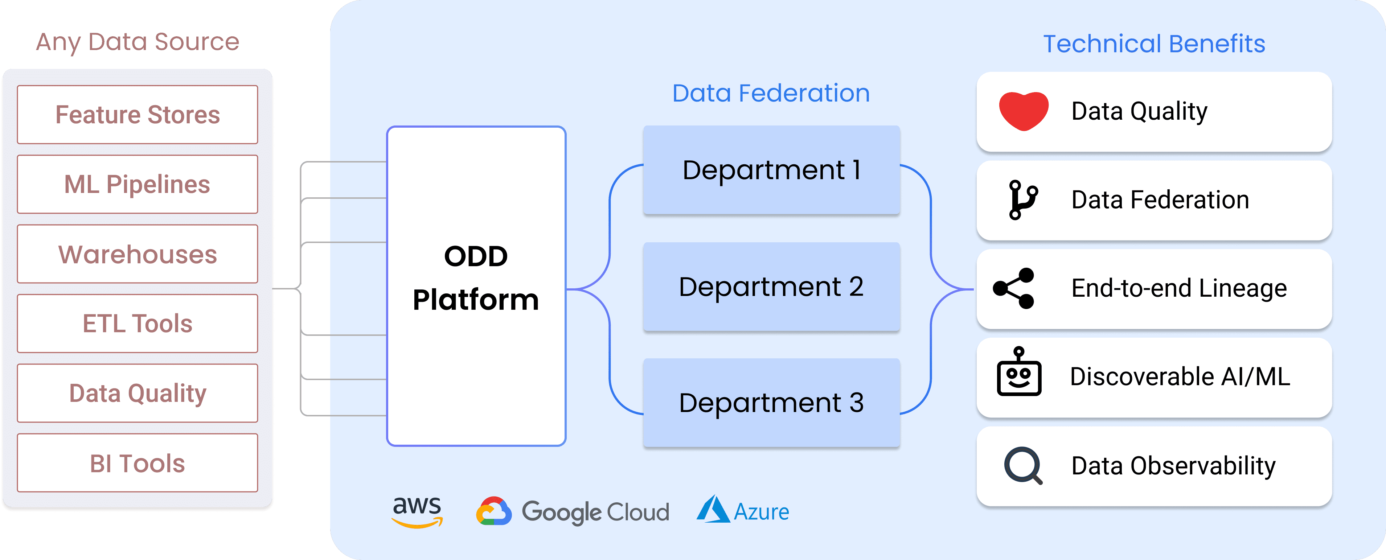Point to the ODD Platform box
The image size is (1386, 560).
476,286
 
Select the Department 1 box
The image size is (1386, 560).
771,170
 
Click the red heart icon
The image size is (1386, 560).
1024,111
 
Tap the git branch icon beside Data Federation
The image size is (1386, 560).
1022,199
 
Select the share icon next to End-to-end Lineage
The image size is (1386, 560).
1014,288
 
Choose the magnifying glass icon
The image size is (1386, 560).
1023,465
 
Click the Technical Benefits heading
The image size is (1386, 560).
1154,44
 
